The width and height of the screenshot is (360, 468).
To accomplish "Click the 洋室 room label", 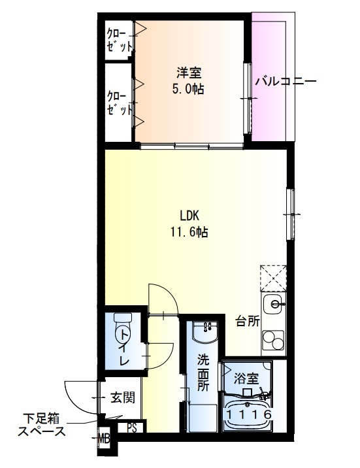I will (188, 73).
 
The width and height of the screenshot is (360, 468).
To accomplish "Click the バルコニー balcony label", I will (286, 82).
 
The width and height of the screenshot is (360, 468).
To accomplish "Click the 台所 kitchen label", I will (248, 321).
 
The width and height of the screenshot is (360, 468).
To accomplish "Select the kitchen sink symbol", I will (274, 304).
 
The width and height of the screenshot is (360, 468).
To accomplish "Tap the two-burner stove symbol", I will (274, 342).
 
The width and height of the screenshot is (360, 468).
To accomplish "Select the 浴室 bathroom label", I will (246, 378).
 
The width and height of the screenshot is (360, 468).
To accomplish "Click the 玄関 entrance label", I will (122, 397).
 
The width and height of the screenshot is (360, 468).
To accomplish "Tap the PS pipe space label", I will (132, 429).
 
